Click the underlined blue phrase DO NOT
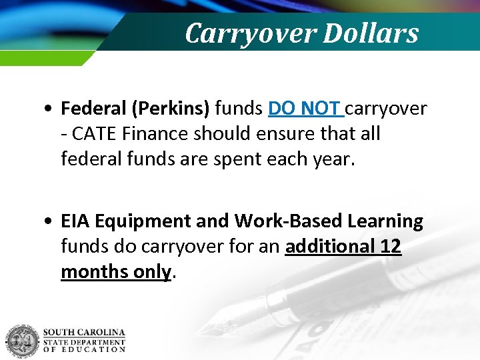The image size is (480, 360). (305, 107)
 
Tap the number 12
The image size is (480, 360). (390, 247)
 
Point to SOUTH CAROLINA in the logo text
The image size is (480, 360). (84, 332)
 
